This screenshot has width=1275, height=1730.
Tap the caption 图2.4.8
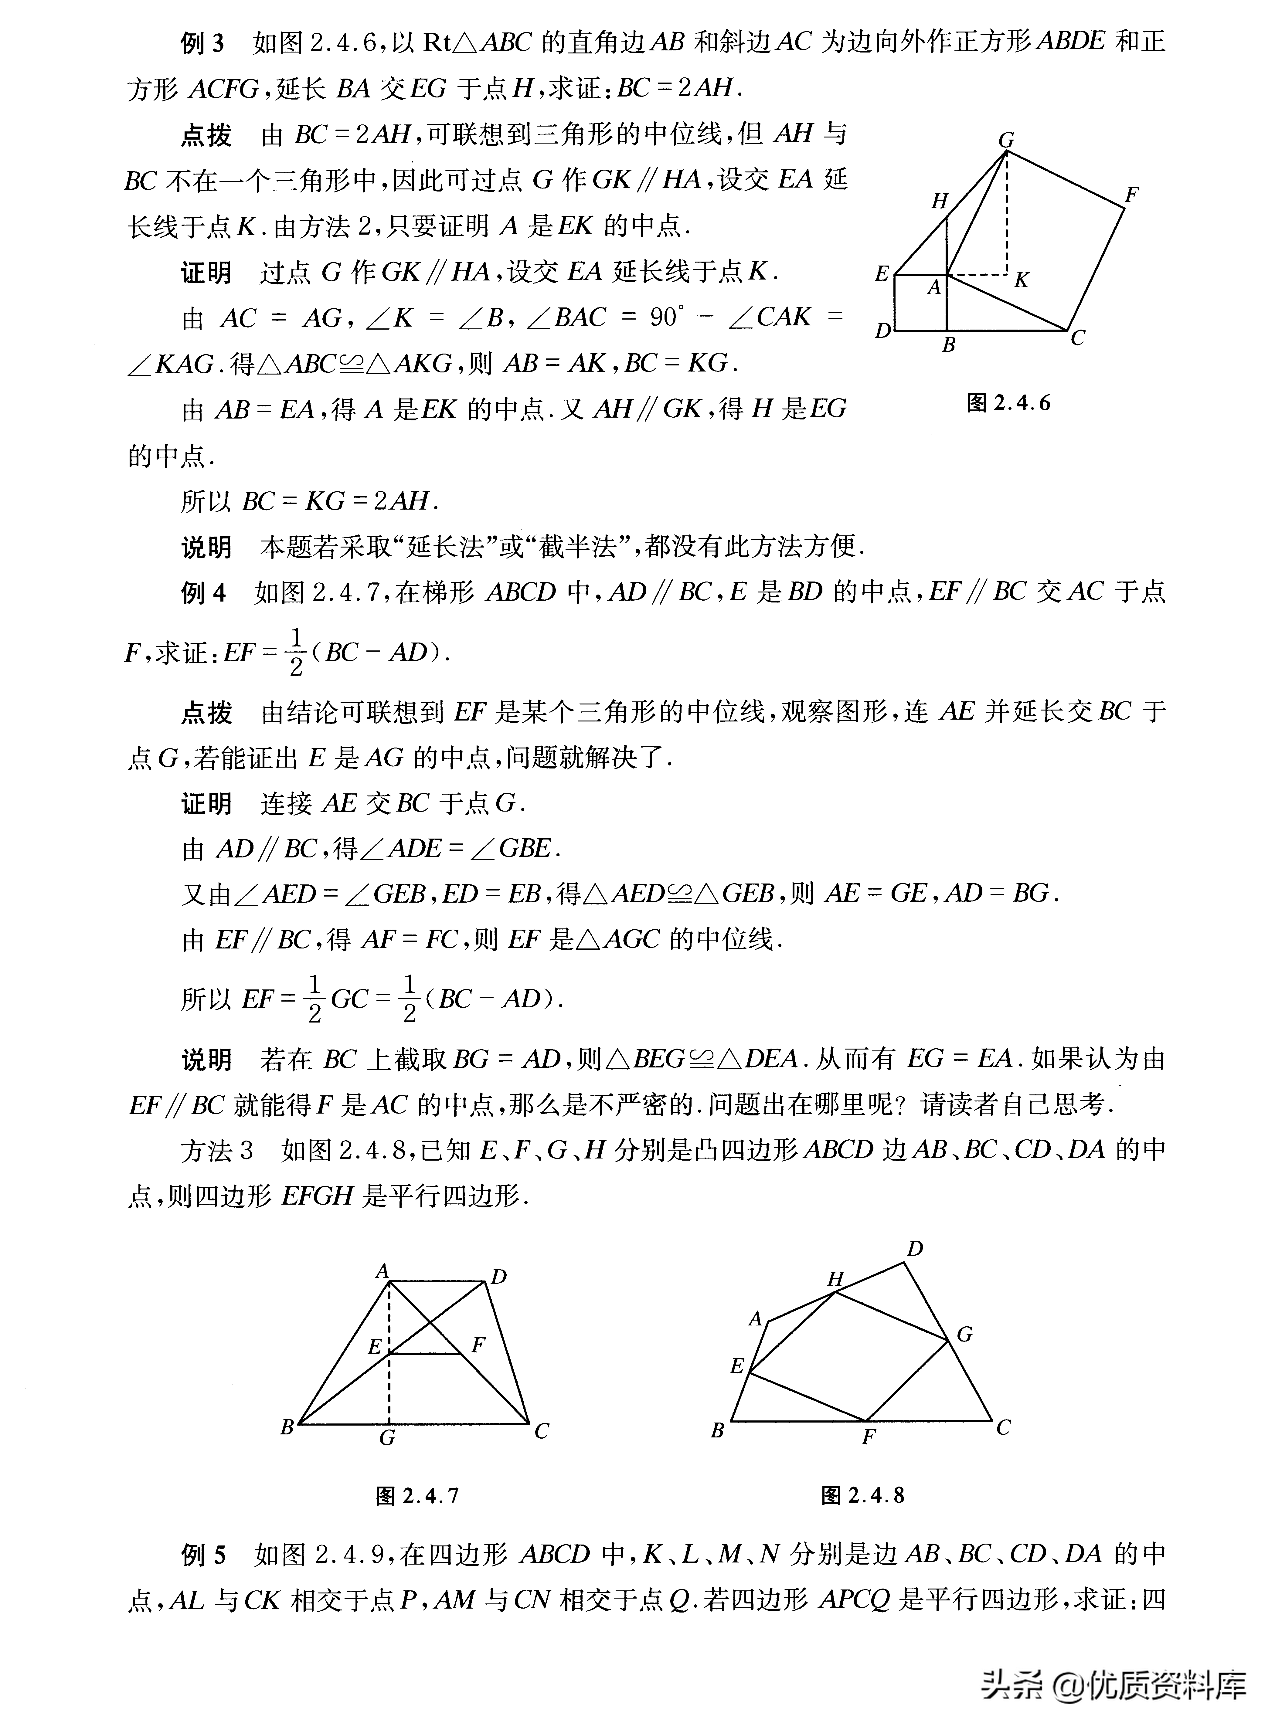(x=863, y=1495)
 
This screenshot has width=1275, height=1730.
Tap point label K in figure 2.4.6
(x=1021, y=280)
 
